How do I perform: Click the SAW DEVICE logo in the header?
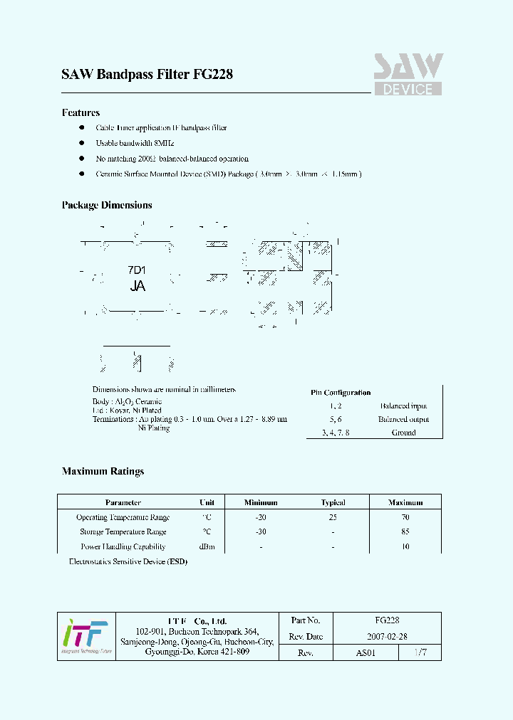click(408, 75)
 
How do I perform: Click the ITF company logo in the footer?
click(85, 636)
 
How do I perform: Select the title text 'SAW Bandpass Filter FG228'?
click(147, 74)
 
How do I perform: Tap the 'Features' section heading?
click(81, 112)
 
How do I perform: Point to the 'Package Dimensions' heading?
click(107, 205)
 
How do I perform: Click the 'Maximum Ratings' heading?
click(103, 471)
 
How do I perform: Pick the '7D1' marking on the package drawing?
click(137, 270)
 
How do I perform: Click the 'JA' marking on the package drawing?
click(138, 286)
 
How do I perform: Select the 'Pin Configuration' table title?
click(341, 393)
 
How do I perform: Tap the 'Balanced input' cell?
click(403, 406)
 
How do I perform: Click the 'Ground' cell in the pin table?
click(403, 433)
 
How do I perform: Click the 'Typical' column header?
click(333, 502)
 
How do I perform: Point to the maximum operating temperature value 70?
click(405, 517)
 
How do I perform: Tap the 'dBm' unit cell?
click(207, 546)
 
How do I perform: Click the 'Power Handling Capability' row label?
click(123, 546)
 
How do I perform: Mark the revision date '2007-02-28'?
click(387, 636)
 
